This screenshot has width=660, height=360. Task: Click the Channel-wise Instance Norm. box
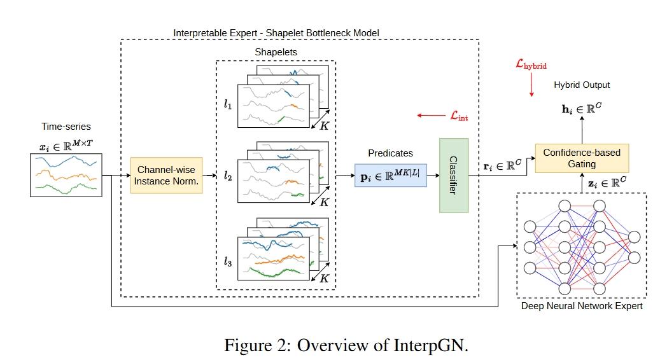pyautogui.click(x=166, y=175)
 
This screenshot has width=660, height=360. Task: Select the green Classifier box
pyautogui.click(x=453, y=175)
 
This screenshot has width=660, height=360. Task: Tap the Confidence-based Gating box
pyautogui.click(x=581, y=158)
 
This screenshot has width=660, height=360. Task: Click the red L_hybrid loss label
pyautogui.click(x=531, y=64)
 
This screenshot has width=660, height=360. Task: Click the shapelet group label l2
pyautogui.click(x=227, y=177)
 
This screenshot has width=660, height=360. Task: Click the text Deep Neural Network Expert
pyautogui.click(x=582, y=306)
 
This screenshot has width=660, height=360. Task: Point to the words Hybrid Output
pyautogui.click(x=581, y=85)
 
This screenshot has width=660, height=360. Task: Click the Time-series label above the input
pyautogui.click(x=66, y=127)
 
